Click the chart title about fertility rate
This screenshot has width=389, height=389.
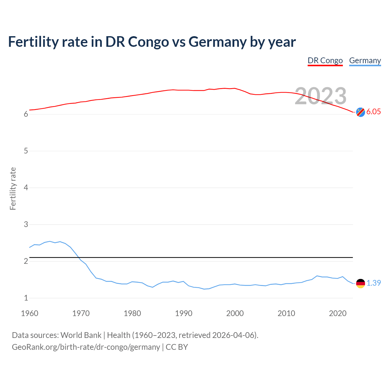tap(152, 42)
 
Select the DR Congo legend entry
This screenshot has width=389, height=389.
tap(325, 60)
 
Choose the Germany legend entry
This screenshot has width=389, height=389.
tap(365, 60)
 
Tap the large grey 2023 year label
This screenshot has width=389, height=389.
tap(321, 96)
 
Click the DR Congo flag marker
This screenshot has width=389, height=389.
tap(360, 112)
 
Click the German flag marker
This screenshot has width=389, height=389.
tap(360, 283)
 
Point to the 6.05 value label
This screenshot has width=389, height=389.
tap(374, 112)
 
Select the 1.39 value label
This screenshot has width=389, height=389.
tap(374, 283)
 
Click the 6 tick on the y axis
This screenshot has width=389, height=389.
tap(26, 114)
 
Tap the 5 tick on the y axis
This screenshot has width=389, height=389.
tap(26, 151)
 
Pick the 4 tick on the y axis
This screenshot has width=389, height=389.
tap(26, 188)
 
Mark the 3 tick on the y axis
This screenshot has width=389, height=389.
tap(26, 224)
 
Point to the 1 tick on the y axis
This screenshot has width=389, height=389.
tap(26, 298)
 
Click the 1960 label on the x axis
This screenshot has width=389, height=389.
tap(29, 313)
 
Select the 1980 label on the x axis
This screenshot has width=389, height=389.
tap(132, 313)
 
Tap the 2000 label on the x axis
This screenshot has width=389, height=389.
tap(235, 313)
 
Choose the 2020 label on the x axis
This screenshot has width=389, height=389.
tap(338, 313)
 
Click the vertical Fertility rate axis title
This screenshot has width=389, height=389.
tap(13, 188)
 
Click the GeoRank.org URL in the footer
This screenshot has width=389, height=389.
tap(86, 347)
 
